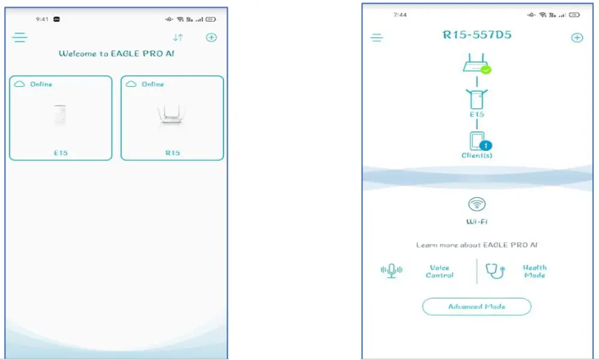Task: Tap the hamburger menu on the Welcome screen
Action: click(20, 38)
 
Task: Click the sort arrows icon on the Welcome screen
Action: click(178, 38)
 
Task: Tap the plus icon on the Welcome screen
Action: click(211, 38)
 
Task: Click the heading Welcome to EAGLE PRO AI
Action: click(117, 53)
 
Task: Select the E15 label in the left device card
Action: click(60, 153)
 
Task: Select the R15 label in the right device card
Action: click(172, 153)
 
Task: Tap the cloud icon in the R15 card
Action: click(131, 84)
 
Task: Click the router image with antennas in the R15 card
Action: click(172, 115)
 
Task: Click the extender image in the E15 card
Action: click(60, 114)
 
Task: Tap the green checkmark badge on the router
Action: click(486, 69)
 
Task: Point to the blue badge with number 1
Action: click(486, 145)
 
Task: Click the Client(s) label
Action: click(476, 155)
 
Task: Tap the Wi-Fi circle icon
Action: click(476, 205)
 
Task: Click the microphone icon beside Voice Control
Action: click(392, 271)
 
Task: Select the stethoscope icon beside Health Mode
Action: click(496, 271)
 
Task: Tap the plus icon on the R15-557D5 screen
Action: click(577, 38)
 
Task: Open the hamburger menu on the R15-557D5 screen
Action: click(377, 38)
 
